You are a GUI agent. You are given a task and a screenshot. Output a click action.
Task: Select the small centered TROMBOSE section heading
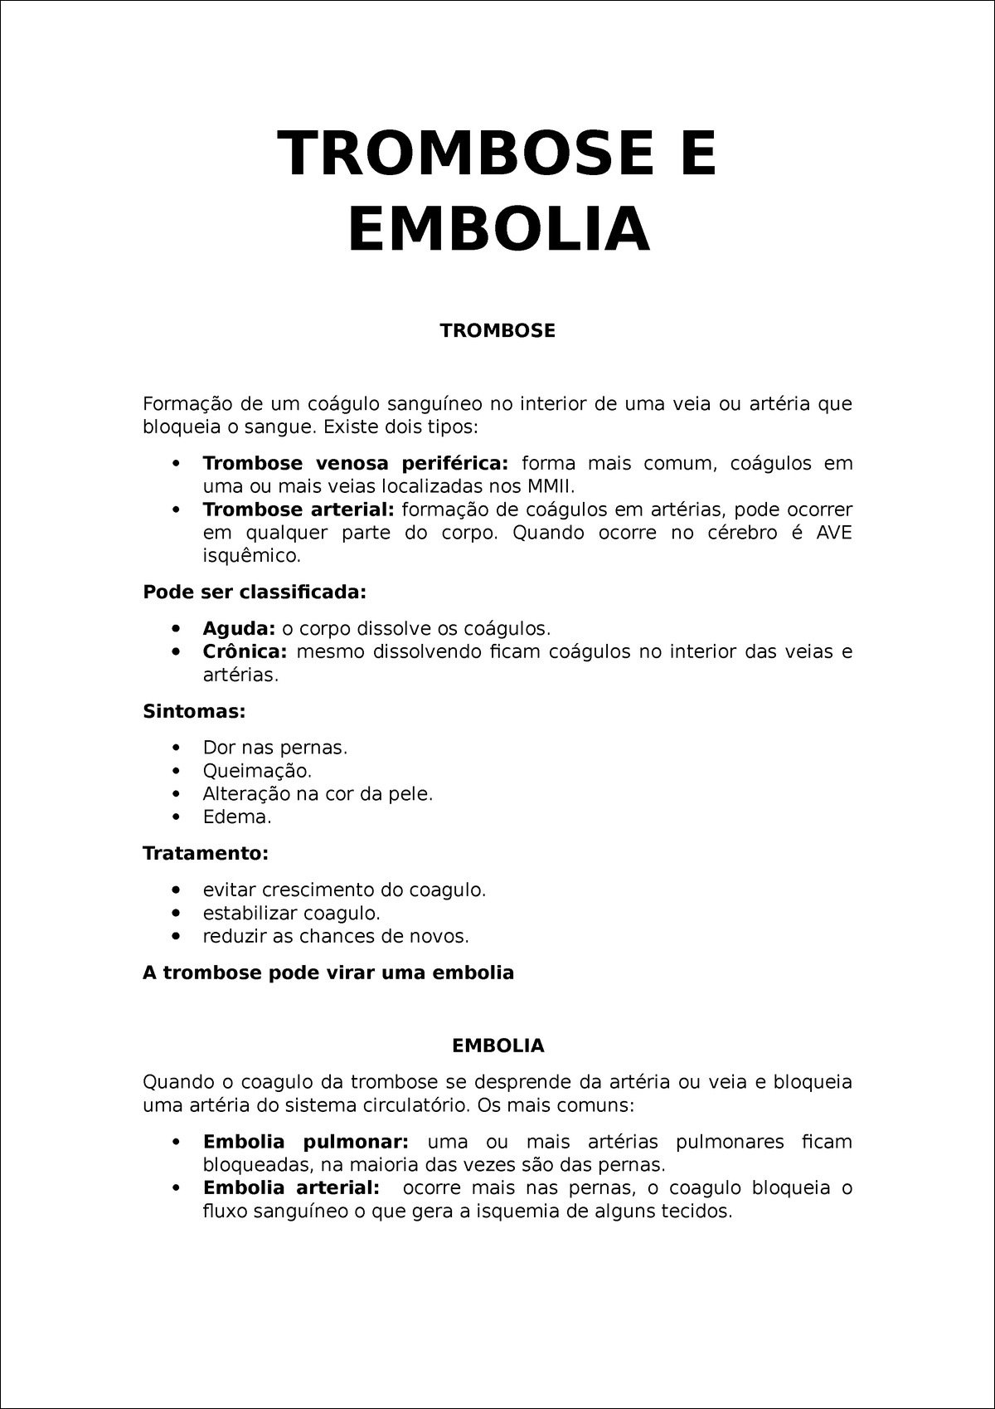(498, 331)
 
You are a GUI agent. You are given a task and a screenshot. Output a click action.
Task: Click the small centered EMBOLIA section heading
(498, 1046)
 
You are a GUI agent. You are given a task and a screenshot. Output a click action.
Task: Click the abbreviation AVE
(833, 532)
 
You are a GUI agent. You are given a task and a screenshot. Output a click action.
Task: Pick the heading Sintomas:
(194, 711)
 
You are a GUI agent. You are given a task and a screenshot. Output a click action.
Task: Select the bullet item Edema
(237, 817)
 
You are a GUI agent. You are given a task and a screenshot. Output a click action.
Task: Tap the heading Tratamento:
(206, 853)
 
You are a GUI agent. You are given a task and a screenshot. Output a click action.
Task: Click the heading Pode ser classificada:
(255, 592)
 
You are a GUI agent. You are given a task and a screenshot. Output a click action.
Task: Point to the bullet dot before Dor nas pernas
(175, 748)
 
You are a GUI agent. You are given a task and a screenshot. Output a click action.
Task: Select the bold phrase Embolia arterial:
(292, 1187)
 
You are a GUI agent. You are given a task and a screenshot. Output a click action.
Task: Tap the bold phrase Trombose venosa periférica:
(356, 462)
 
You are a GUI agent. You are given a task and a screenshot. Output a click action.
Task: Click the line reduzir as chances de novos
(336, 936)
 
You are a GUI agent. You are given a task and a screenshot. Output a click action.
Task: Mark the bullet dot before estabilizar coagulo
(175, 913)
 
